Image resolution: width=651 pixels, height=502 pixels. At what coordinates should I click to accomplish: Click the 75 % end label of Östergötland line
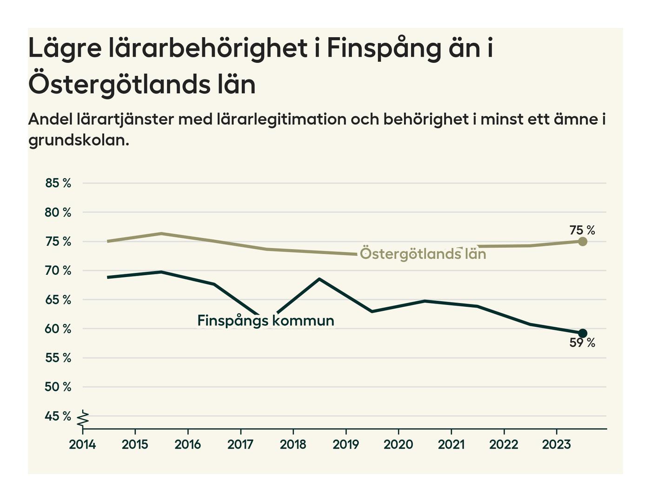pos(582,230)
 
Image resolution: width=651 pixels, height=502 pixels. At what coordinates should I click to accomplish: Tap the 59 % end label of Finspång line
pos(582,343)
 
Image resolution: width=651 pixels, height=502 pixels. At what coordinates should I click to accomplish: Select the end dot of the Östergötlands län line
pos(582,241)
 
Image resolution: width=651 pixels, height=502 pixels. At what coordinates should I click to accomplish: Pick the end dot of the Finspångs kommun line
pos(582,333)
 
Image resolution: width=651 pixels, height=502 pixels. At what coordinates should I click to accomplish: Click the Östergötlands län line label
pos(423,254)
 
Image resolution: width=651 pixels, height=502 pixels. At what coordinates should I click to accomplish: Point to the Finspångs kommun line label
pos(266,321)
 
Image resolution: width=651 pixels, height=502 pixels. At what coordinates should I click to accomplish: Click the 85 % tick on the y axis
pos(58,183)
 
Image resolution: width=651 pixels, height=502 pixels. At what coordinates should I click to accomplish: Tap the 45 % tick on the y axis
pos(58,416)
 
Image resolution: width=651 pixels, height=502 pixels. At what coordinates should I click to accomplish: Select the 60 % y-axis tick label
pos(58,329)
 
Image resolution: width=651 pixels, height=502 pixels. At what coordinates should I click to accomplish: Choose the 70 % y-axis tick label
pos(58,271)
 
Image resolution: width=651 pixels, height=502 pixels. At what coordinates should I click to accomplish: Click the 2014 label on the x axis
pos(82,444)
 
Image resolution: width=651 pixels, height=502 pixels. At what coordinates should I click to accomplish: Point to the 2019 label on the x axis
pos(345,444)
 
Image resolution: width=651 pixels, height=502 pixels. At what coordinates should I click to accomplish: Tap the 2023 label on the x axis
pos(556,444)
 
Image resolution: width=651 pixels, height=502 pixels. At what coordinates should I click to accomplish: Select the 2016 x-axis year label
pos(187,444)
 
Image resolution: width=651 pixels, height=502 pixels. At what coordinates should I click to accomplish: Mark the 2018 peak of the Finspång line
pos(319,279)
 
